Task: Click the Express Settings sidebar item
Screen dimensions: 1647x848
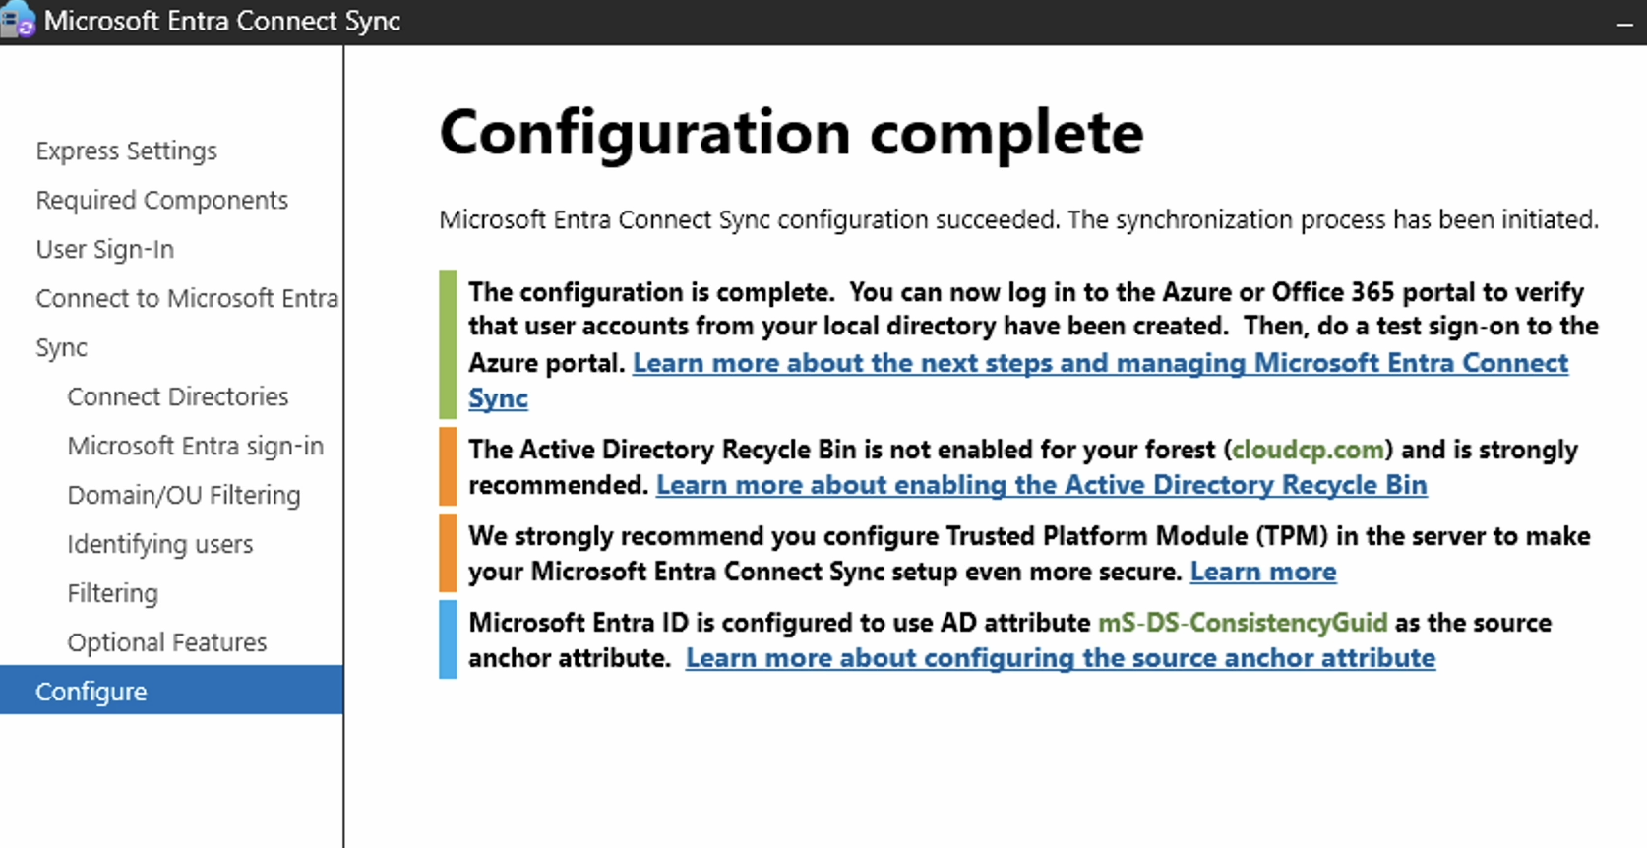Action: pyautogui.click(x=127, y=151)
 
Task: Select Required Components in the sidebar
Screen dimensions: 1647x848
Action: pyautogui.click(x=161, y=200)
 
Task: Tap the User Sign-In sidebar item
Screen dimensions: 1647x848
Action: pyautogui.click(x=105, y=249)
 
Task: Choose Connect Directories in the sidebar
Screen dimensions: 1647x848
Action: pyautogui.click(x=178, y=396)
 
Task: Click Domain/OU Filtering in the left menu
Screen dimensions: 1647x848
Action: pyautogui.click(x=184, y=495)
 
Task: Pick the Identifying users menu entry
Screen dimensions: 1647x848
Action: pyautogui.click(x=160, y=544)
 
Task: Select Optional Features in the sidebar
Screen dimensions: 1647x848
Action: pyautogui.click(x=167, y=642)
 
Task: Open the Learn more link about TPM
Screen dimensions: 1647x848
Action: pyautogui.click(x=1263, y=572)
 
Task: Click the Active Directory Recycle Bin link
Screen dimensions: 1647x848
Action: pyautogui.click(x=1042, y=485)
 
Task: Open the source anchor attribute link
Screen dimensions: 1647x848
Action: pyautogui.click(x=1061, y=657)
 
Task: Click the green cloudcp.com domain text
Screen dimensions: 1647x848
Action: pyautogui.click(x=1308, y=450)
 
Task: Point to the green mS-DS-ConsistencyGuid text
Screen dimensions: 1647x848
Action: pyautogui.click(x=1243, y=623)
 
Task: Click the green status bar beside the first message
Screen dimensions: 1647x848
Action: pyautogui.click(x=448, y=344)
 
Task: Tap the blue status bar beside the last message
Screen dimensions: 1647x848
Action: pyautogui.click(x=448, y=639)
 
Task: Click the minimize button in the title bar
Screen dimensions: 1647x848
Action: pyautogui.click(x=1625, y=25)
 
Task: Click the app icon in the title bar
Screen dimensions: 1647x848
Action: pyautogui.click(x=18, y=20)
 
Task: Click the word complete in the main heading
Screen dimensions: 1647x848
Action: pyautogui.click(x=1006, y=135)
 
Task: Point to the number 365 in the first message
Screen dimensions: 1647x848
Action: pyautogui.click(x=1372, y=293)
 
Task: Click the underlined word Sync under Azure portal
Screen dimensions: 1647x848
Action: pyautogui.click(x=498, y=397)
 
